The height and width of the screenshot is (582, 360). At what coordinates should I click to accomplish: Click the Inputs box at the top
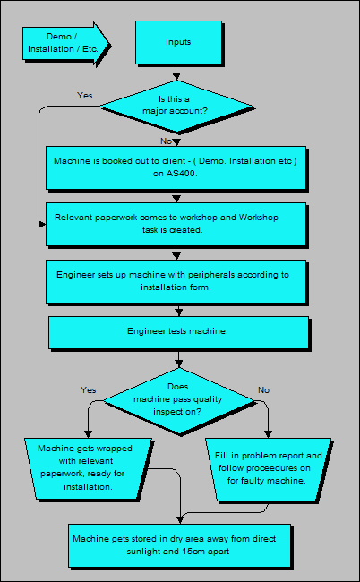[x=178, y=42]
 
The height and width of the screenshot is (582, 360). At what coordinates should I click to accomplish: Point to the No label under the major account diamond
[x=167, y=141]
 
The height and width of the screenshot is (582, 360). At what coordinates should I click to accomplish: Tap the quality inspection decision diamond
[x=178, y=398]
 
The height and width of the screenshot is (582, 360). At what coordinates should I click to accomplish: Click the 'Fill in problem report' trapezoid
[x=269, y=467]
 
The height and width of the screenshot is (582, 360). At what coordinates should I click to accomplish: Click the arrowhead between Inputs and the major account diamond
[x=176, y=74]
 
